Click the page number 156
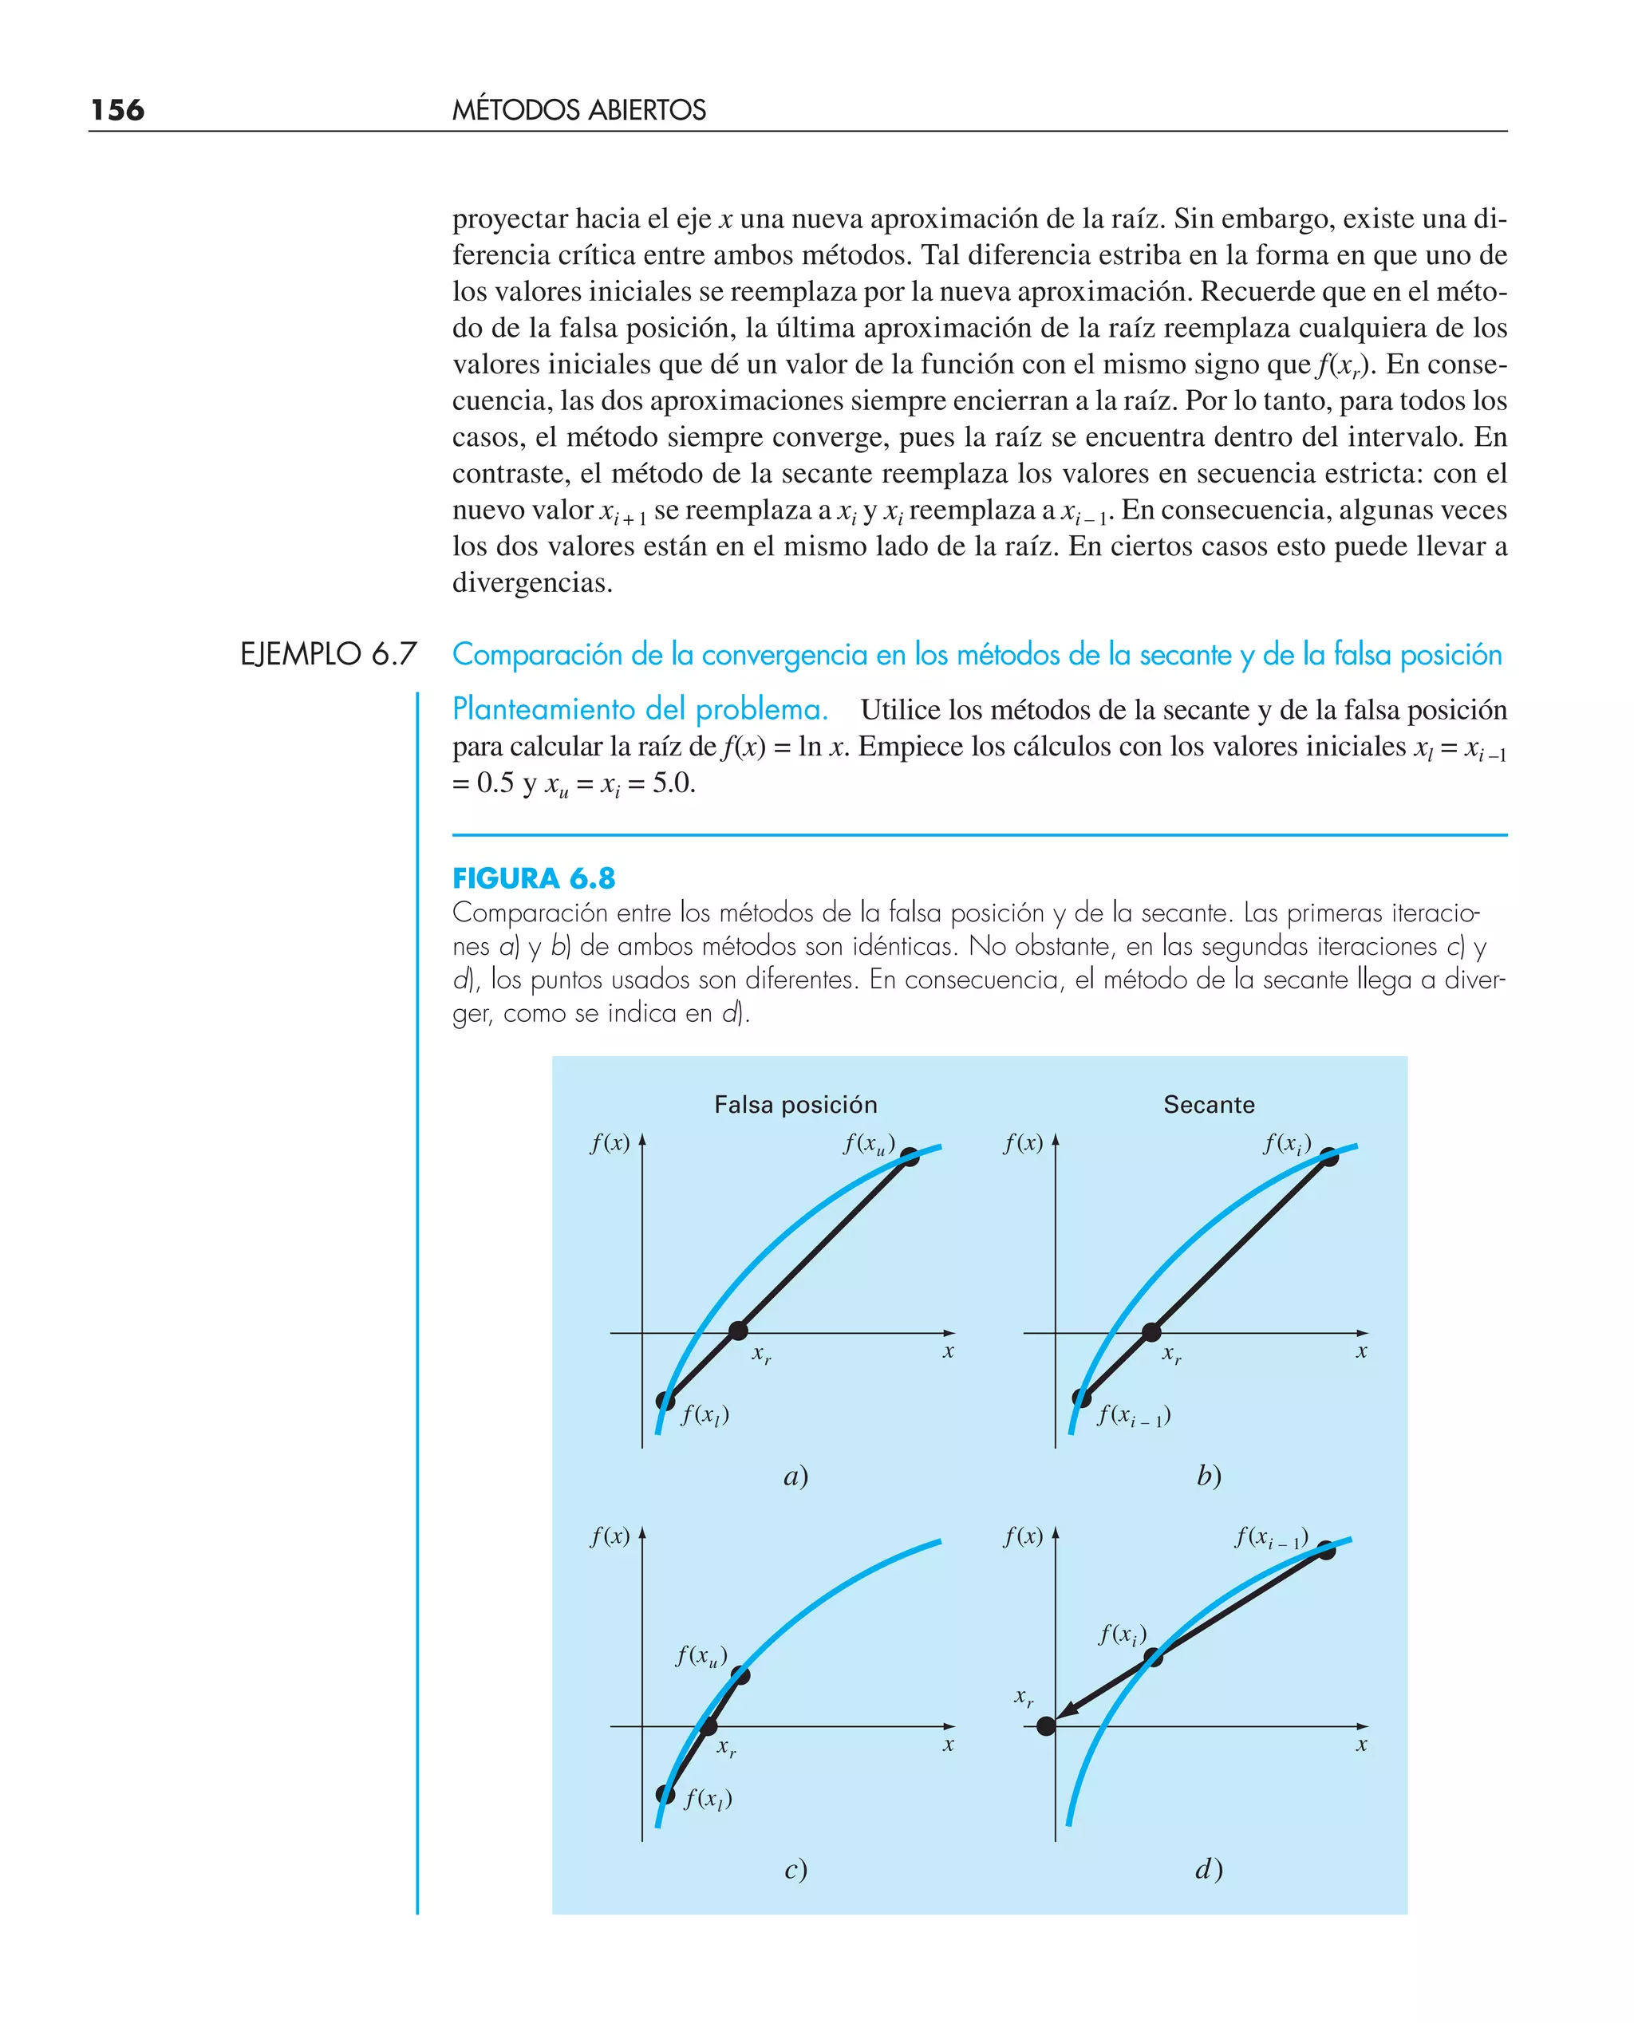[117, 110]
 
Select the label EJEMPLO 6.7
[328, 654]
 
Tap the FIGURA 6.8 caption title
[534, 879]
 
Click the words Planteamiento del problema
[639, 708]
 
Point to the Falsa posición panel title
[795, 1105]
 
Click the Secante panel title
[1209, 1105]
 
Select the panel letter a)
[795, 1477]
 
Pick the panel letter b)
[1209, 1476]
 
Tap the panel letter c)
[795, 1869]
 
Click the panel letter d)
[1209, 1869]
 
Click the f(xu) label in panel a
[868, 1144]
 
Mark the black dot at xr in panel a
[739, 1331]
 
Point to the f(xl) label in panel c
[708, 1798]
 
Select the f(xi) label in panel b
[1287, 1144]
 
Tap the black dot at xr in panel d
[1046, 1725]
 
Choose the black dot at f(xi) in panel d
[1153, 1658]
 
